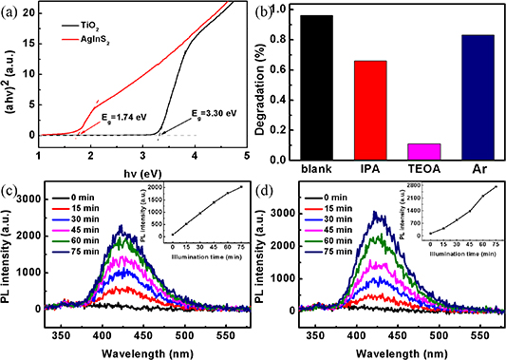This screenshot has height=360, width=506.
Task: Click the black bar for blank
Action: (319, 86)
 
